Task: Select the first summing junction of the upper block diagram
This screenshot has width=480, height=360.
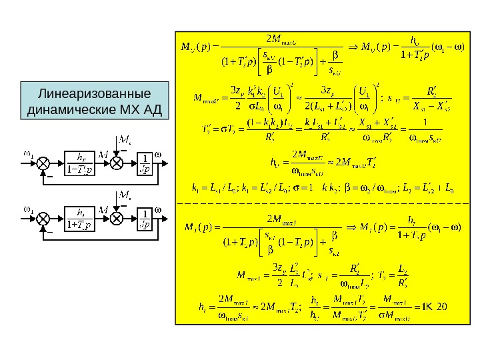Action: (44, 162)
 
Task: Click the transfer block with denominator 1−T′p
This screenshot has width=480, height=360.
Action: (81, 162)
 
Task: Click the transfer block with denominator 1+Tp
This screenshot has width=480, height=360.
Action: (81, 219)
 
